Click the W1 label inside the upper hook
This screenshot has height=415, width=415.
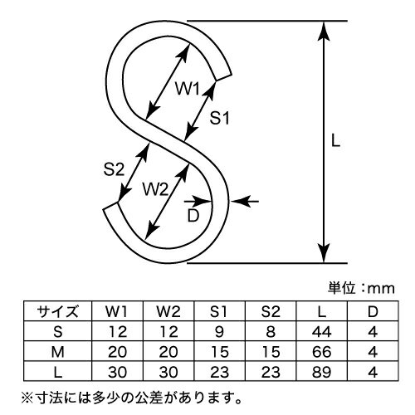pyautogui.click(x=188, y=89)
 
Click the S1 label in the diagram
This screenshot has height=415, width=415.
pyautogui.click(x=219, y=118)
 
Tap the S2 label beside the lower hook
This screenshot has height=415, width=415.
pyautogui.click(x=114, y=169)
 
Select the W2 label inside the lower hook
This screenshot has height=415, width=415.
pyautogui.click(x=155, y=189)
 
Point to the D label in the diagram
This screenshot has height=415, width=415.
pyautogui.click(x=193, y=216)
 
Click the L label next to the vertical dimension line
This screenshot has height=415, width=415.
pyautogui.click(x=335, y=141)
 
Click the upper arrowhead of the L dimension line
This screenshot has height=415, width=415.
pyautogui.click(x=324, y=31)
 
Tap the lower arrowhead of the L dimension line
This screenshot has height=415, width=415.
pyautogui.click(x=324, y=253)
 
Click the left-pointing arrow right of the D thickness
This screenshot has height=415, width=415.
pyautogui.click(x=245, y=201)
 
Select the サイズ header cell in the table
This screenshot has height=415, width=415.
pyautogui.click(x=58, y=311)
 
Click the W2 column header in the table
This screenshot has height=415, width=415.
pyautogui.click(x=168, y=311)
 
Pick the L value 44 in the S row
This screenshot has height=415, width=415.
pyautogui.click(x=321, y=331)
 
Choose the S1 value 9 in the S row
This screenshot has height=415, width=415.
pyautogui.click(x=219, y=331)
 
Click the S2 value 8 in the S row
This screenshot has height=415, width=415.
pyautogui.click(x=271, y=331)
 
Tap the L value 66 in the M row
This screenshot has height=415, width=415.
pyautogui.click(x=321, y=352)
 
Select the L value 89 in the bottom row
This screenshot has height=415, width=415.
pyautogui.click(x=321, y=372)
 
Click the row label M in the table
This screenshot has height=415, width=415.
pyautogui.click(x=58, y=352)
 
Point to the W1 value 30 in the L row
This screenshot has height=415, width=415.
pyautogui.click(x=117, y=372)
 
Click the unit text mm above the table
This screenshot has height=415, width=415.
pyautogui.click(x=381, y=289)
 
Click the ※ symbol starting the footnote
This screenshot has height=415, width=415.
pyautogui.click(x=27, y=398)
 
